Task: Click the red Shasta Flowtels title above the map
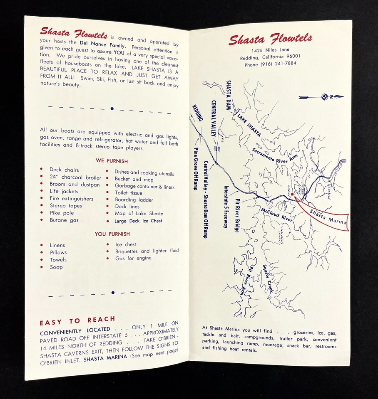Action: point(270,39)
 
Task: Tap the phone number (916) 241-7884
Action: point(270,64)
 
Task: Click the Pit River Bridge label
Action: point(237,215)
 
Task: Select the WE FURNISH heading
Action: point(112,161)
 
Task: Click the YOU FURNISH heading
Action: point(112,234)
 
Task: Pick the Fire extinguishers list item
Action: point(71,199)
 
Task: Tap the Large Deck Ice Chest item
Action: point(138,221)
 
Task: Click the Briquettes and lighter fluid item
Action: point(147,251)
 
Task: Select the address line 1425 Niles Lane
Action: point(270,50)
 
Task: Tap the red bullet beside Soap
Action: point(42,267)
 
